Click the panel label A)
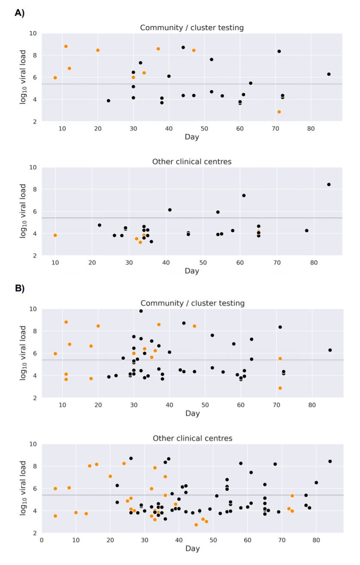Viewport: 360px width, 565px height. coord(19,12)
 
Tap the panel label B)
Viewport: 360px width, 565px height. coord(19,288)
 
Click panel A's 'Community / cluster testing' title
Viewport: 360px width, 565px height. coord(192,27)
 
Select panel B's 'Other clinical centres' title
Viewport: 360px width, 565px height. coord(193,438)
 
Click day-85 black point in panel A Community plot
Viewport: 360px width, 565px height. coord(329,74)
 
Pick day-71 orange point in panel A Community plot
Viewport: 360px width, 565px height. coord(279,112)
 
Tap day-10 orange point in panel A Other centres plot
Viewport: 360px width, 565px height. coord(55,236)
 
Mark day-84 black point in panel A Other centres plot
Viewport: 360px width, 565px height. coord(329,184)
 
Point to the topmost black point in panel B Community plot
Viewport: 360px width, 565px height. coord(141,311)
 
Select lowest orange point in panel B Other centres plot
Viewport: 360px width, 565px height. coord(196,525)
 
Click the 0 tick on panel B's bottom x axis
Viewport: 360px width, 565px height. coord(42,540)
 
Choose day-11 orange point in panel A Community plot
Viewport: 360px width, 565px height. coord(66,46)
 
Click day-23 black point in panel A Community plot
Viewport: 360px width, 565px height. coord(109,101)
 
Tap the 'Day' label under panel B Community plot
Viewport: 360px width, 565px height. coord(193,413)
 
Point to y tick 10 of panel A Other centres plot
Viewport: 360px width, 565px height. coord(33,167)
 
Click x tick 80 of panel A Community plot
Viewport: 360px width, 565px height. coord(311,129)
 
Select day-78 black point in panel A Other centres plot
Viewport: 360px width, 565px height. coord(306,230)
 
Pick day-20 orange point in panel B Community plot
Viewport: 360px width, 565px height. coord(98,326)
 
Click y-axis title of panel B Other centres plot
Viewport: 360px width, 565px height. coord(23,488)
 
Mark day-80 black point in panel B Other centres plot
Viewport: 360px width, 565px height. coord(316,483)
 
